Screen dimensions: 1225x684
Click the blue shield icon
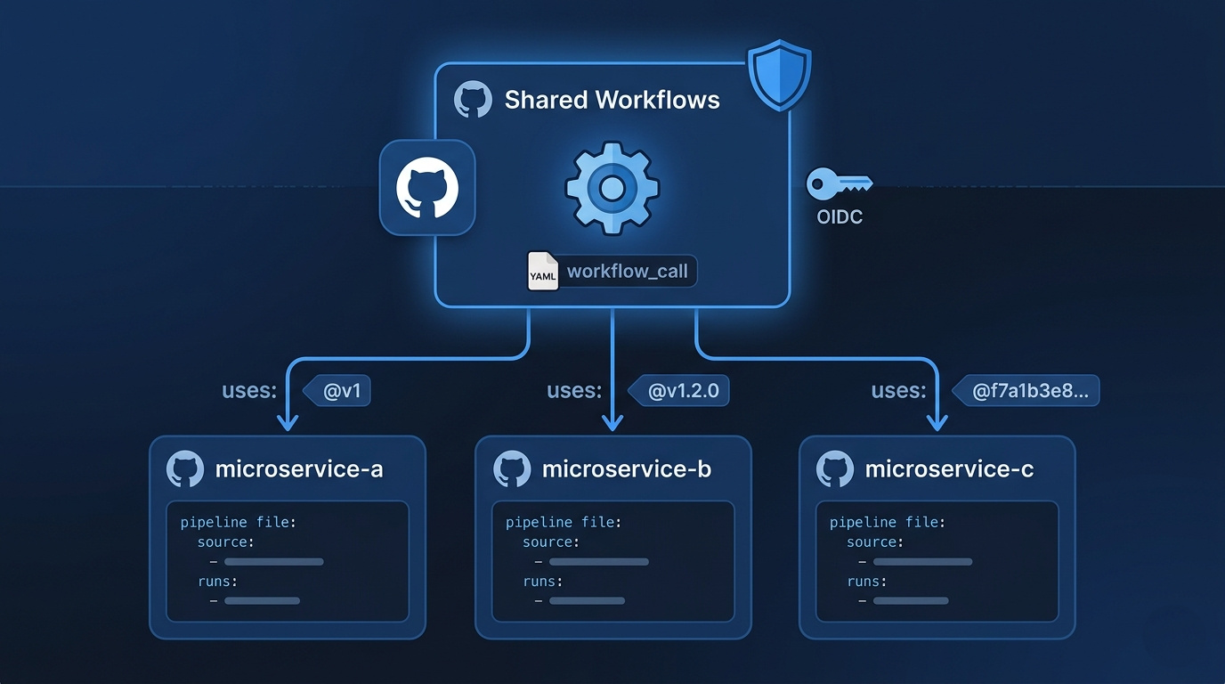pos(779,75)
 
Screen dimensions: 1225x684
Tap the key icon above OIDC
pos(840,183)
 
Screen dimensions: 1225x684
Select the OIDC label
pos(840,216)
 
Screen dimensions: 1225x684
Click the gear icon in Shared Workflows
pos(612,188)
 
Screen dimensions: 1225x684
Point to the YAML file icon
pos(542,271)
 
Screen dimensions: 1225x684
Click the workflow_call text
pos(628,271)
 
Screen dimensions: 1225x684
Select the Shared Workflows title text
pos(612,100)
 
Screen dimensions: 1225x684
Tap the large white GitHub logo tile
pos(427,188)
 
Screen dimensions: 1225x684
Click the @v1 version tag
pos(337,390)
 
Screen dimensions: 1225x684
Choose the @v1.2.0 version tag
pos(678,390)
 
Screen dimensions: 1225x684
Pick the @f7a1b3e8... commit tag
pos(1026,390)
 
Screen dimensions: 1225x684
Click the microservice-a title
pos(299,469)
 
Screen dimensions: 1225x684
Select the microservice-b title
pos(627,469)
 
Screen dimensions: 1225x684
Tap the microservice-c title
pos(949,469)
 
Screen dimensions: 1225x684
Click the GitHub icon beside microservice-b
pos(512,469)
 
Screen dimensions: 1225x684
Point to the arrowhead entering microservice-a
pos(288,423)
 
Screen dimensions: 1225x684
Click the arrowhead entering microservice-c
pos(937,423)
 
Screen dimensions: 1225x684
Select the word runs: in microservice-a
pos(217,581)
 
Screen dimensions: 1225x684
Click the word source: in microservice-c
pos(874,541)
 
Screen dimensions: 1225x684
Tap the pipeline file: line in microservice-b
pos(564,523)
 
